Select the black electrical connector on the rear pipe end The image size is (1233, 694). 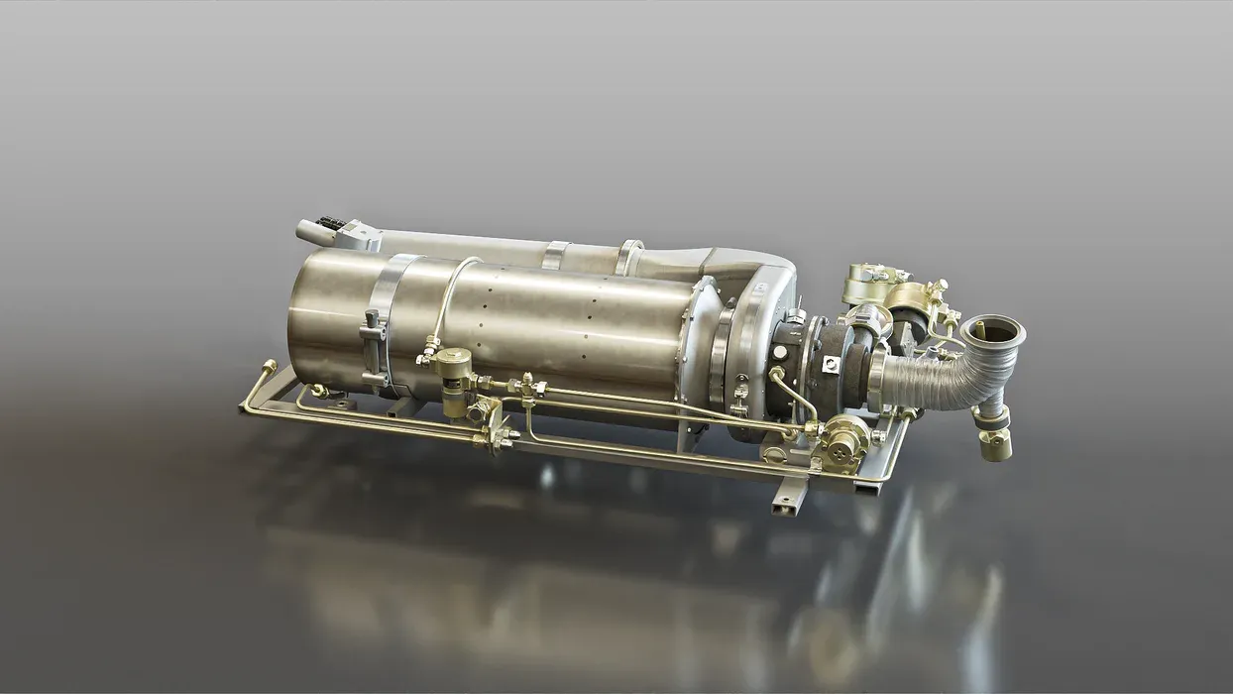332,222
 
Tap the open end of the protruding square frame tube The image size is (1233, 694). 783,508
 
